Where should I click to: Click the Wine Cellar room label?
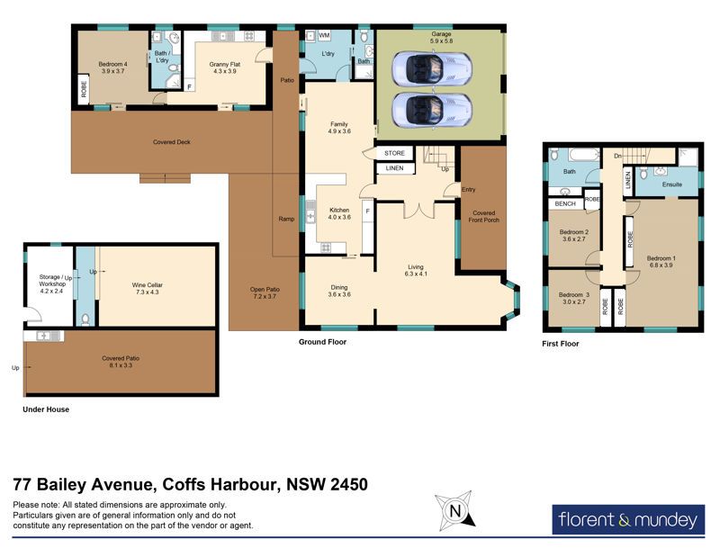[147, 288]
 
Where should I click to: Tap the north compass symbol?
[454, 510]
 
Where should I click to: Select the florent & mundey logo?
[628, 519]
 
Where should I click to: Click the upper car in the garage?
[432, 68]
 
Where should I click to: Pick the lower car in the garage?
[432, 111]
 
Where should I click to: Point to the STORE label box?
[394, 153]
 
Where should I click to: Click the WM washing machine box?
[324, 35]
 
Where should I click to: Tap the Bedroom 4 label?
[113, 67]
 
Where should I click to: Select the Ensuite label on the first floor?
[671, 184]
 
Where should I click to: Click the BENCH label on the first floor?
[565, 203]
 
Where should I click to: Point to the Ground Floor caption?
[322, 342]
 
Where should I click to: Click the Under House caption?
[46, 409]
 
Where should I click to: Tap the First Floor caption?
[560, 344]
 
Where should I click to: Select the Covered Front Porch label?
[483, 217]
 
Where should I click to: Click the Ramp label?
[286, 219]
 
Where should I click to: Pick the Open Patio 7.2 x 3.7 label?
[265, 292]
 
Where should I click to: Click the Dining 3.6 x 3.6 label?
[339, 291]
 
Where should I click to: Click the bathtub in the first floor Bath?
[584, 155]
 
